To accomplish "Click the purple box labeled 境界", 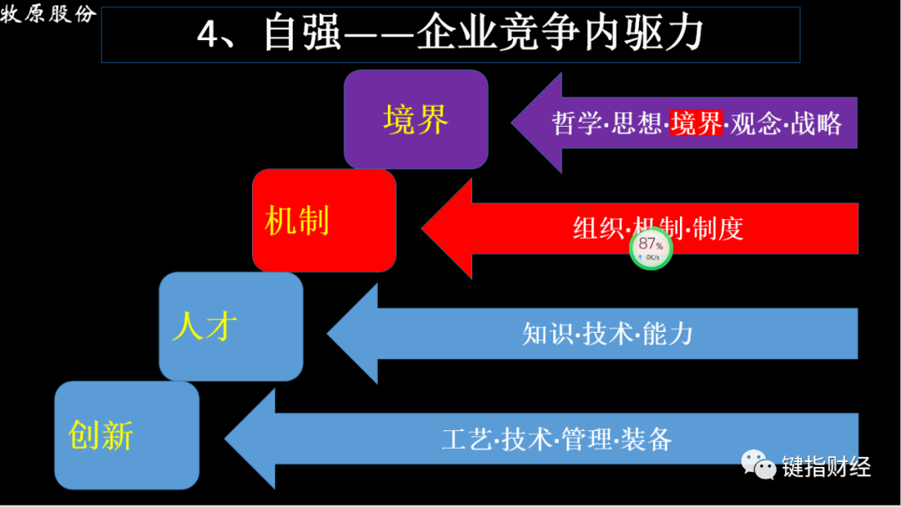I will (x=415, y=119).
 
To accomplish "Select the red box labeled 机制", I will (x=324, y=221).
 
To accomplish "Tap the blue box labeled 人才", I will (x=230, y=326).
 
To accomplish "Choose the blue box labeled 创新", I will (x=126, y=435).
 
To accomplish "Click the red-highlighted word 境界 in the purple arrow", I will (x=697, y=123).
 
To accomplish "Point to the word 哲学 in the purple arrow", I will (x=576, y=123).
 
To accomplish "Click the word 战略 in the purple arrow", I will (x=817, y=123).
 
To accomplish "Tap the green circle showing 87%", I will (x=651, y=248).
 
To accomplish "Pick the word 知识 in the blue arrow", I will (x=546, y=334).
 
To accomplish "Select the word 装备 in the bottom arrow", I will (x=647, y=439).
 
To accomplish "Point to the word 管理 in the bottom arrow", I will (x=587, y=439).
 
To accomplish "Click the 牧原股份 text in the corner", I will (x=48, y=14).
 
